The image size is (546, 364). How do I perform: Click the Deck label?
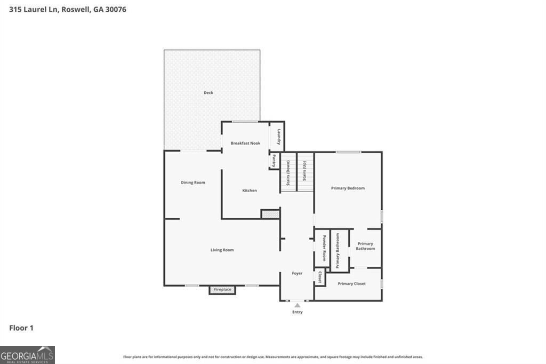pyautogui.click(x=208, y=93)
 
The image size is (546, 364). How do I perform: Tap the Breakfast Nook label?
pyautogui.click(x=245, y=143)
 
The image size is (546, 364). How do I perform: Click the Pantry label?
pyautogui.click(x=274, y=161)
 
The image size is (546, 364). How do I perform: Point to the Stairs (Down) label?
pyautogui.click(x=288, y=172)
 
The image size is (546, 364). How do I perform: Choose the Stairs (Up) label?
pyautogui.click(x=304, y=171)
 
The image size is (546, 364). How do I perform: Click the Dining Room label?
pyautogui.click(x=192, y=183)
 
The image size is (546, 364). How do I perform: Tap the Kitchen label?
pyautogui.click(x=250, y=191)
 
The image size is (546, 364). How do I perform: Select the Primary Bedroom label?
pyautogui.click(x=348, y=188)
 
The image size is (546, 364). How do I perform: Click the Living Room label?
pyautogui.click(x=222, y=250)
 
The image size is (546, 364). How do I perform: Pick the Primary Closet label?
pyautogui.click(x=352, y=283)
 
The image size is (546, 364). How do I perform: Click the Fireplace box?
pyautogui.click(x=222, y=290)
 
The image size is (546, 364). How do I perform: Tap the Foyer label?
pyautogui.click(x=297, y=273)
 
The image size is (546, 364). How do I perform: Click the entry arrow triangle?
pyautogui.click(x=298, y=305)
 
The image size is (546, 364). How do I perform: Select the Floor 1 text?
pyautogui.click(x=21, y=328)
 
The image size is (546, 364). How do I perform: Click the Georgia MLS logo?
pyautogui.click(x=27, y=355)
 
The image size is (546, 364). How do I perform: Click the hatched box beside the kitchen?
pyautogui.click(x=270, y=214)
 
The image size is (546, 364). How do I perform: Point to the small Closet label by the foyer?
pyautogui.click(x=319, y=277)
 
